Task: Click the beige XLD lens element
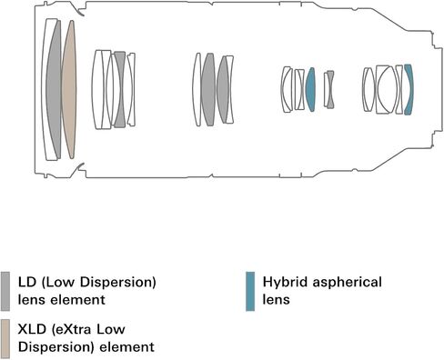click(69, 89)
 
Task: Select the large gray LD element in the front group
click(54, 89)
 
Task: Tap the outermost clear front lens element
click(45, 89)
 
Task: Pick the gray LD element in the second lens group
click(119, 89)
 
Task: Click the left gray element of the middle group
click(208, 89)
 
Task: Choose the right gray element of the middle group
click(223, 89)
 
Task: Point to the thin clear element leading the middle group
click(197, 89)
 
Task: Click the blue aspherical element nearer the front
click(310, 89)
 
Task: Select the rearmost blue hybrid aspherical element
click(409, 89)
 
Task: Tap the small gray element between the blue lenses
click(329, 89)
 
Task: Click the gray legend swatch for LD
click(5, 291)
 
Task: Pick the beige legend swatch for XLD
click(5, 338)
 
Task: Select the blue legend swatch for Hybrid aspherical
click(250, 291)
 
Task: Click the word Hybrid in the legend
click(286, 283)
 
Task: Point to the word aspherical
click(348, 283)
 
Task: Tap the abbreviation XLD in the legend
click(32, 329)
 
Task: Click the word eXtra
click(70, 329)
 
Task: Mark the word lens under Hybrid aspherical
click(276, 300)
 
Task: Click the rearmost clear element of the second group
click(131, 89)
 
